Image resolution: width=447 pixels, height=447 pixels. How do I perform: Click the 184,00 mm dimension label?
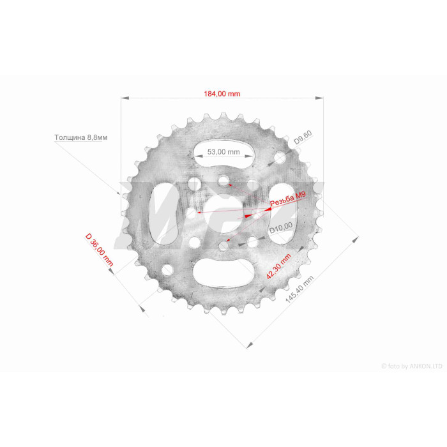222,94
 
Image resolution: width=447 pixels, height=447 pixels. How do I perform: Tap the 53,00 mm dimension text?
223,152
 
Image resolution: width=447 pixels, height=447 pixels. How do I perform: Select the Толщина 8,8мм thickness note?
81,138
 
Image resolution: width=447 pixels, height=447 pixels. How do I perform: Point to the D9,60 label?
303,137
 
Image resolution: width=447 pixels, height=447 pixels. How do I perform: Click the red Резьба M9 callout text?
288,199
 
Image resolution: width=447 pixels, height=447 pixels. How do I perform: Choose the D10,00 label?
281,228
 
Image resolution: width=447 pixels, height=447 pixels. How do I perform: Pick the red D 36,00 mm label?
100,250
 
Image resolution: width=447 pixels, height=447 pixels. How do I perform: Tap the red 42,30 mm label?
278,266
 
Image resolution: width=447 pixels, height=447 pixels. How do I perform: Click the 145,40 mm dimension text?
299,289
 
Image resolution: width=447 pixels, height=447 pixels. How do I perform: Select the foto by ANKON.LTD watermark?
412,366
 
